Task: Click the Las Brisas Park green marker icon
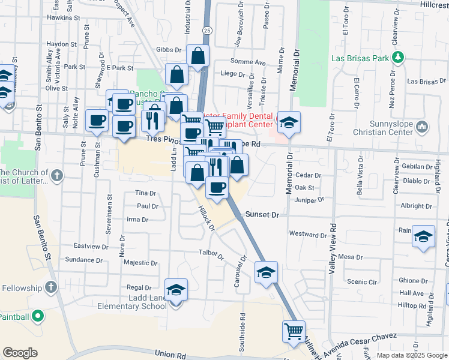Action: coord(397,58)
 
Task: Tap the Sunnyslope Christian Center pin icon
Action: coord(422,127)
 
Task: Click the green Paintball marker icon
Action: coord(37,316)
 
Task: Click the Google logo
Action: coord(20,353)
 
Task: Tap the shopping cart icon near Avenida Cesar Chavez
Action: coord(294,331)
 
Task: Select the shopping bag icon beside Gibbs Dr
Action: coord(197,55)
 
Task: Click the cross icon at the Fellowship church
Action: coord(50,287)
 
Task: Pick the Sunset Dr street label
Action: coord(268,214)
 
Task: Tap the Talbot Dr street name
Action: coord(211,255)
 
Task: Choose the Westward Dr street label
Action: coord(307,233)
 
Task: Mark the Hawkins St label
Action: coord(64,18)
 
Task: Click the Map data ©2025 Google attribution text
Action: coord(411,355)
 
